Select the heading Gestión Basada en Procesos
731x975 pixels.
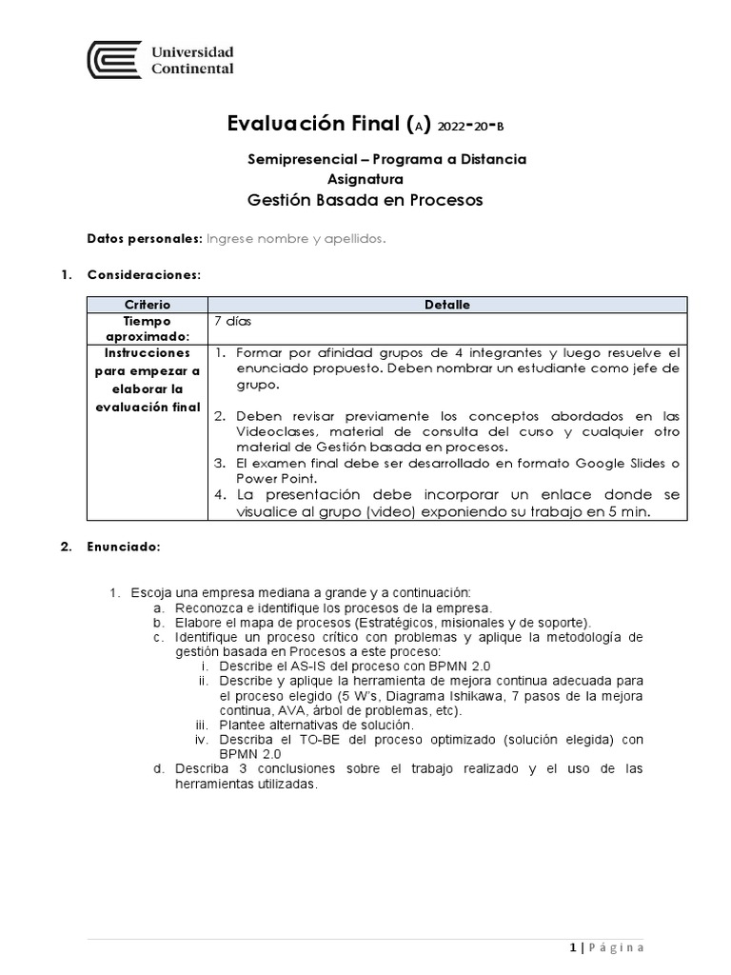coord(365,200)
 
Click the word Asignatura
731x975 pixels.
coord(365,179)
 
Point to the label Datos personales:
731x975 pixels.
coord(144,239)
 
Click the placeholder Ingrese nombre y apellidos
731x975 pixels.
coord(296,239)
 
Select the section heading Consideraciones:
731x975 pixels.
coord(144,275)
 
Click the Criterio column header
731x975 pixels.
coord(146,305)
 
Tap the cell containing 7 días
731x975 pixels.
coord(232,321)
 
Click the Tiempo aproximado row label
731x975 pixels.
coord(146,328)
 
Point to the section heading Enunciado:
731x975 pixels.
coord(124,547)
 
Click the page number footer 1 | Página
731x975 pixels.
coord(606,947)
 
